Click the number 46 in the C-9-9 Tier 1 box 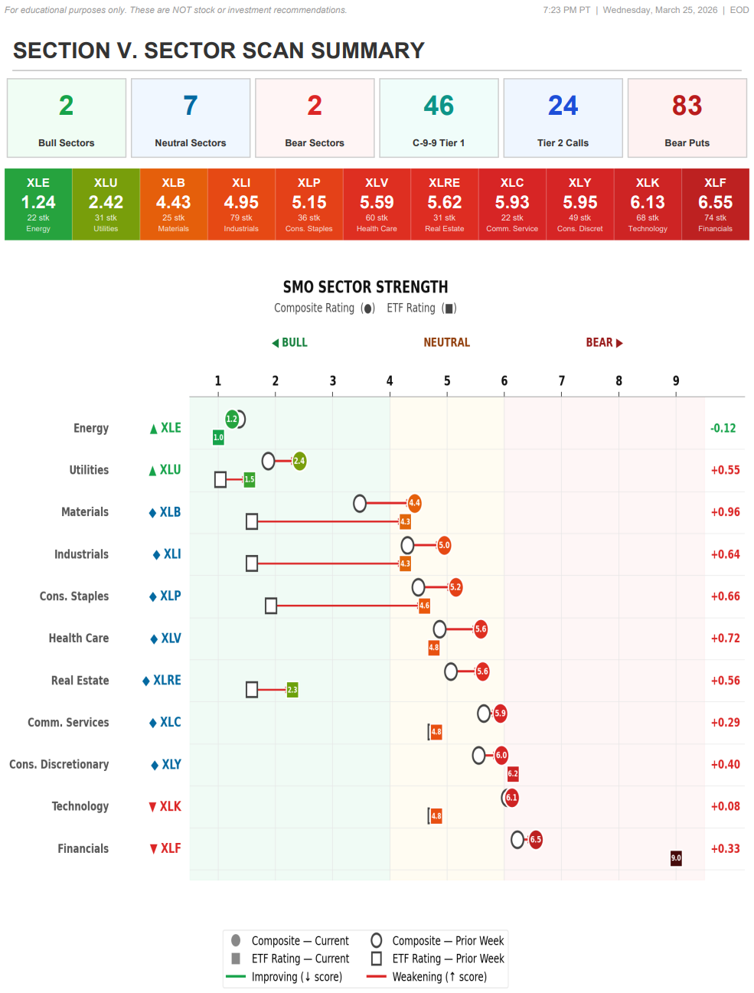click(439, 106)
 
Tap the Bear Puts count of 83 click(687, 106)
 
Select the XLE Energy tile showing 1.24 click(38, 204)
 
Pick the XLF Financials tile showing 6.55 click(715, 204)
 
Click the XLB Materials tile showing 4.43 click(174, 204)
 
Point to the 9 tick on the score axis click(676, 381)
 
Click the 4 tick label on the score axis click(390, 381)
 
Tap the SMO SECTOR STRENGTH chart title click(365, 287)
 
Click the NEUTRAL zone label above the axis click(447, 343)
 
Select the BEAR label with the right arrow click(604, 343)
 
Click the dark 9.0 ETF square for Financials click(676, 858)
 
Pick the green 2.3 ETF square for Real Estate click(292, 690)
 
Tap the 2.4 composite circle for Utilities click(299, 461)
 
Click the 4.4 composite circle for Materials click(414, 503)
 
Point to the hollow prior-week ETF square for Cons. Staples click(271, 606)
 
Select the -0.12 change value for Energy click(723, 429)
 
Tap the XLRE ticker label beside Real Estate click(167, 681)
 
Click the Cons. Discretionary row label click(59, 765)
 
